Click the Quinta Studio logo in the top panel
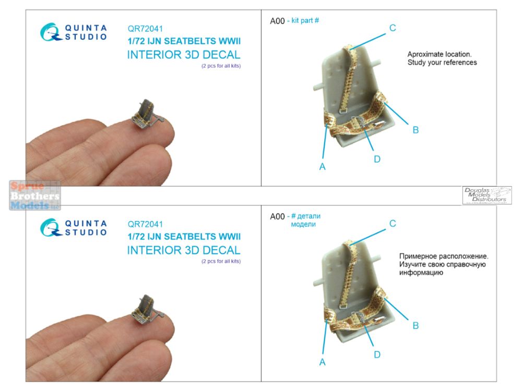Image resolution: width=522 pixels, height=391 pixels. pyautogui.click(x=74, y=32)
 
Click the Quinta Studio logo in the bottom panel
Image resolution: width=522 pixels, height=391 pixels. pyautogui.click(x=74, y=228)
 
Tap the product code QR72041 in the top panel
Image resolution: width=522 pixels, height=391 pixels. pyautogui.click(x=145, y=29)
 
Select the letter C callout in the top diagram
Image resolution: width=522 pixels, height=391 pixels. pyautogui.click(x=393, y=28)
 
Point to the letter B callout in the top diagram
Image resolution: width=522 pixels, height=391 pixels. pyautogui.click(x=416, y=130)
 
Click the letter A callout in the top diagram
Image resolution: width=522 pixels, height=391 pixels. pyautogui.click(x=322, y=167)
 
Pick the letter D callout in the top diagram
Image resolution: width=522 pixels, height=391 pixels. pyautogui.click(x=377, y=159)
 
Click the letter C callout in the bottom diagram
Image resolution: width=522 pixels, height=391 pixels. pyautogui.click(x=393, y=224)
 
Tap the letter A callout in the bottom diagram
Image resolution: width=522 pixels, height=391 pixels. pyautogui.click(x=322, y=362)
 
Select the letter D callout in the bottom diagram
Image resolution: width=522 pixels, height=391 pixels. pyautogui.click(x=377, y=355)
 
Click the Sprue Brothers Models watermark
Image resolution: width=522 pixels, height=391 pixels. pyautogui.click(x=35, y=195)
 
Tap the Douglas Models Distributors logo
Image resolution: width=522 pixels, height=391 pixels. pyautogui.click(x=487, y=195)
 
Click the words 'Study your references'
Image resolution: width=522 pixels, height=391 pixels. pyautogui.click(x=442, y=63)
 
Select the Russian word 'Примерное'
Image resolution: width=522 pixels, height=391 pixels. pyautogui.click(x=418, y=256)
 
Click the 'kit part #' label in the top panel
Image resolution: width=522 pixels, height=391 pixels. pyautogui.click(x=305, y=21)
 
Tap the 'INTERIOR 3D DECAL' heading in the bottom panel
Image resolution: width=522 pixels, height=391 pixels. pyautogui.click(x=184, y=250)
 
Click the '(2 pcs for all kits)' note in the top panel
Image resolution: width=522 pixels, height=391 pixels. pyautogui.click(x=221, y=66)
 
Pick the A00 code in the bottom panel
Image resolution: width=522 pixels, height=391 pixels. pyautogui.click(x=277, y=216)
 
